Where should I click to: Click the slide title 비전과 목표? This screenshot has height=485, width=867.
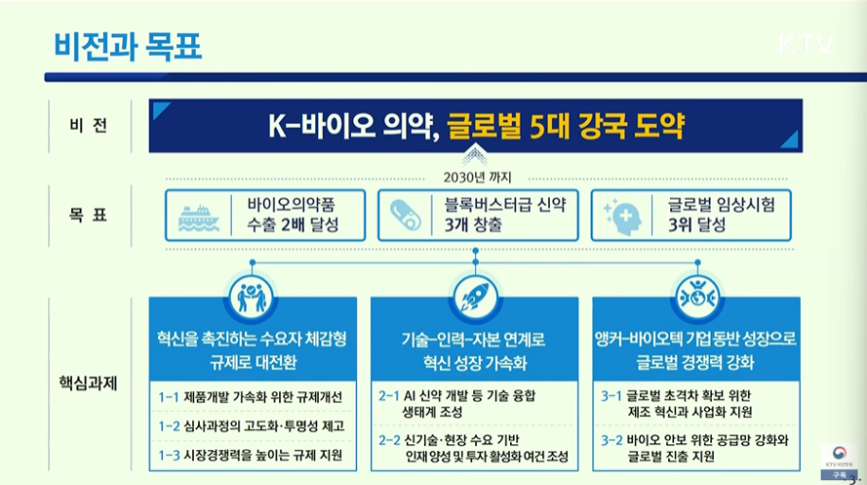[128, 47]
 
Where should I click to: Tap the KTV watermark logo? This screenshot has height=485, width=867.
[806, 44]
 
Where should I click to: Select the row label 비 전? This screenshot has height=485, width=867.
[89, 126]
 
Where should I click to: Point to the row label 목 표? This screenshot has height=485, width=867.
[89, 215]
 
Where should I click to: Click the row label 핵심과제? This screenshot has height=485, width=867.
[89, 383]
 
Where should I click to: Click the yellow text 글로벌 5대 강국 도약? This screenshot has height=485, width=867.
[565, 126]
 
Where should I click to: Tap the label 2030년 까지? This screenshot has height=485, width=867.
[477, 178]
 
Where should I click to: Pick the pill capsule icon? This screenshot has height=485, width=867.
[406, 215]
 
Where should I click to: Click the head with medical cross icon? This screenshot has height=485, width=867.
[624, 217]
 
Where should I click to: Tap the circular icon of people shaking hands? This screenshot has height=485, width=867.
[251, 297]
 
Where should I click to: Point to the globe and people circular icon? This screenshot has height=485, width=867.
[696, 298]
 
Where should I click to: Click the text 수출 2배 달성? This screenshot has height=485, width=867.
[293, 225]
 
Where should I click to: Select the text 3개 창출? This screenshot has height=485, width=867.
[473, 225]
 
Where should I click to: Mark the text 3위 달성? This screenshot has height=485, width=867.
[696, 225]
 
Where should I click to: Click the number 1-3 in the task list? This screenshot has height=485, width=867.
[169, 455]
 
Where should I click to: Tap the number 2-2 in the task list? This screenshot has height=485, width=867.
[389, 440]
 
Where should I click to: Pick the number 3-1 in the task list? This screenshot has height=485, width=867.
[611, 396]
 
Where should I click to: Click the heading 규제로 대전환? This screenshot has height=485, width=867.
[254, 363]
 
